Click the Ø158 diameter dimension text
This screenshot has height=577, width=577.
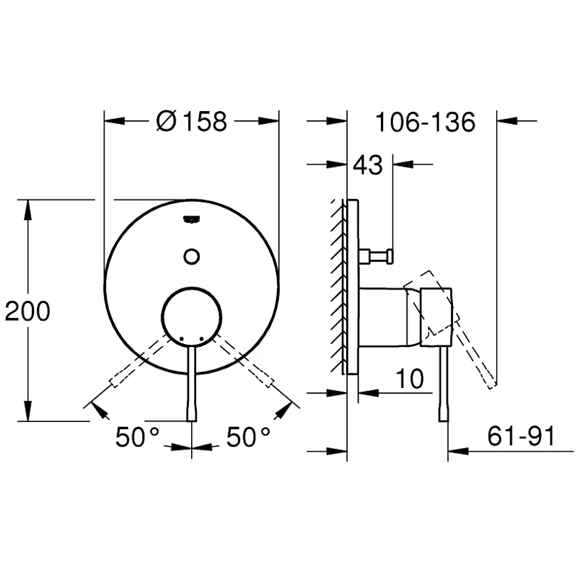[x=192, y=122]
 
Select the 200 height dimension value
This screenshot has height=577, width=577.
[x=27, y=312]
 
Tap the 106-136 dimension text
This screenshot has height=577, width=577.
[x=426, y=122]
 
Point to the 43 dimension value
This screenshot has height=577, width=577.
[x=367, y=165]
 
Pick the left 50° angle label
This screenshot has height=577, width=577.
[x=137, y=437]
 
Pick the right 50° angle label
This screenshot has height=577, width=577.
[x=248, y=437]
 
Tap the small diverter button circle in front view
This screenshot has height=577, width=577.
[x=192, y=255]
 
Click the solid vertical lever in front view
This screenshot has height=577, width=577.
[x=192, y=382]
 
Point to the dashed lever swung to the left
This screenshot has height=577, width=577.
[x=137, y=364]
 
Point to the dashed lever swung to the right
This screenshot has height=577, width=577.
[x=247, y=364]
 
